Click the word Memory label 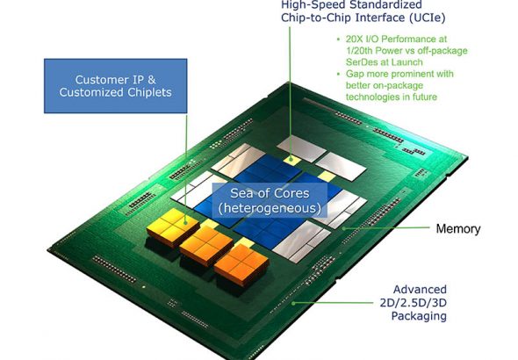(x=458, y=228)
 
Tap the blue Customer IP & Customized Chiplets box (x=116, y=86)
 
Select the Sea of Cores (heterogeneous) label (x=270, y=200)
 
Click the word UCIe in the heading (x=427, y=18)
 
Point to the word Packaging (x=419, y=316)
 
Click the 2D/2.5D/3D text (x=413, y=303)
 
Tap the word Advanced (x=420, y=290)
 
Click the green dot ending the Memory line (x=343, y=228)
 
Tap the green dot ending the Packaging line (x=293, y=303)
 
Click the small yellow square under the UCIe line (x=291, y=160)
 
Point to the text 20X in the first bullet (x=354, y=39)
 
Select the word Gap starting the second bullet (x=354, y=74)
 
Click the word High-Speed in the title (x=311, y=4)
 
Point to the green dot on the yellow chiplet (x=185, y=222)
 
